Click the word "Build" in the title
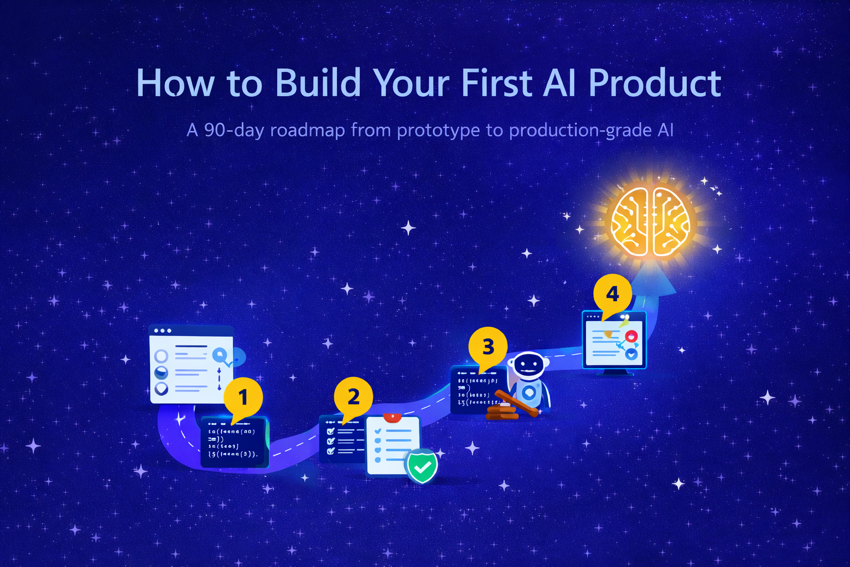318,83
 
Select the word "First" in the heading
497,83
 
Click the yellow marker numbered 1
243,396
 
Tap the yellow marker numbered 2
353,396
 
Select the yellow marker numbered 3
488,347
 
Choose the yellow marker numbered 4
612,293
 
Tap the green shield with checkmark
422,466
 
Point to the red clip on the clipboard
392,417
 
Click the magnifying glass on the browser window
220,354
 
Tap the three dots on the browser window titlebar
163,331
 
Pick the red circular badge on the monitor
631,336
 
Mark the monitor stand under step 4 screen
614,372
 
